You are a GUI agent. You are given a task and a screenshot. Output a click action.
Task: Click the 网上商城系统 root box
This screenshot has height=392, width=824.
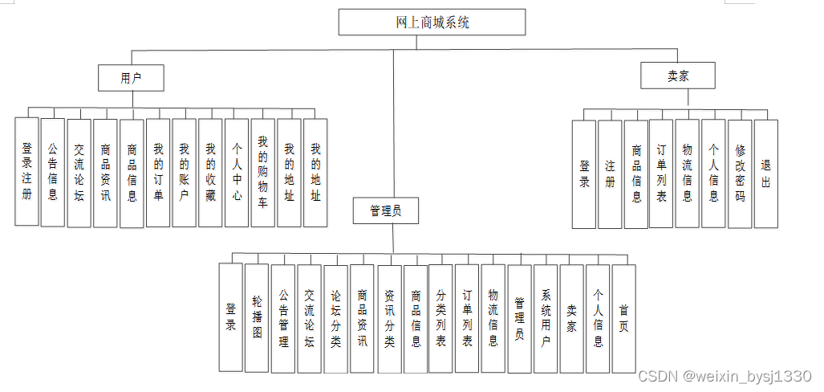pyautogui.click(x=432, y=22)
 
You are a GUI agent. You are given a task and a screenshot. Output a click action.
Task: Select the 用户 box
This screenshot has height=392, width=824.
pyautogui.click(x=131, y=78)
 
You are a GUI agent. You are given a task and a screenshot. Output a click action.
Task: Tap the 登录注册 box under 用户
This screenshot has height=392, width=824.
pyautogui.click(x=26, y=171)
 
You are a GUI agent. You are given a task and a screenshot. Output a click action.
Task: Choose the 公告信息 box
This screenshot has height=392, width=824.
pyautogui.click(x=53, y=171)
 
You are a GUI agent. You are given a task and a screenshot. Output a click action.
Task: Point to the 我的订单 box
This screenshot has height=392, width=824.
pyautogui.click(x=158, y=171)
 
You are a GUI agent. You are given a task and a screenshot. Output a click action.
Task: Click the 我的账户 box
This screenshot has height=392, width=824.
pyautogui.click(x=184, y=171)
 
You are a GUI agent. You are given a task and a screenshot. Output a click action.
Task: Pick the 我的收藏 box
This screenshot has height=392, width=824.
pyautogui.click(x=210, y=171)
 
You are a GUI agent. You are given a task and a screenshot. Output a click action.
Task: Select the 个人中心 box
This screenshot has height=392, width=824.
pyautogui.click(x=237, y=171)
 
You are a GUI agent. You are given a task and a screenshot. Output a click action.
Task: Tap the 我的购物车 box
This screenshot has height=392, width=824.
pyautogui.click(x=263, y=171)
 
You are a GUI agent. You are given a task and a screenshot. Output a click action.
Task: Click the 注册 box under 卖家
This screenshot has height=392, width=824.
pyautogui.click(x=610, y=174)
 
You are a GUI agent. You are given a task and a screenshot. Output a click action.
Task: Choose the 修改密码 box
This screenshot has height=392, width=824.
pyautogui.click(x=740, y=174)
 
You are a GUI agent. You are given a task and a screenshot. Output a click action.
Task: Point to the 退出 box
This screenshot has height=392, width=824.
pyautogui.click(x=766, y=174)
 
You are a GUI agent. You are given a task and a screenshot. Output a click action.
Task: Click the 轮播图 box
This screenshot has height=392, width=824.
pyautogui.click(x=257, y=318)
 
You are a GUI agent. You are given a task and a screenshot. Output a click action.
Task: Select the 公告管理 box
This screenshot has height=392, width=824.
pyautogui.click(x=283, y=318)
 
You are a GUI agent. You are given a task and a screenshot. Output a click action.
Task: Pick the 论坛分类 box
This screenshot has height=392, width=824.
pyautogui.click(x=335, y=318)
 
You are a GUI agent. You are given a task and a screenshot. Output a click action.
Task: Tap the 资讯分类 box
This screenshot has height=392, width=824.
pyautogui.click(x=388, y=318)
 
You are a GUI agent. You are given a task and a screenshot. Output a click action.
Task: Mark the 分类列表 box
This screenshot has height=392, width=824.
pyautogui.click(x=440, y=318)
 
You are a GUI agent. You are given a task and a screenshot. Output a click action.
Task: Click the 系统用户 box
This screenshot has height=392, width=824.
pyautogui.click(x=546, y=318)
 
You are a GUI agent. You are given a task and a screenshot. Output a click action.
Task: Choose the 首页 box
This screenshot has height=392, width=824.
pyautogui.click(x=623, y=318)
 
